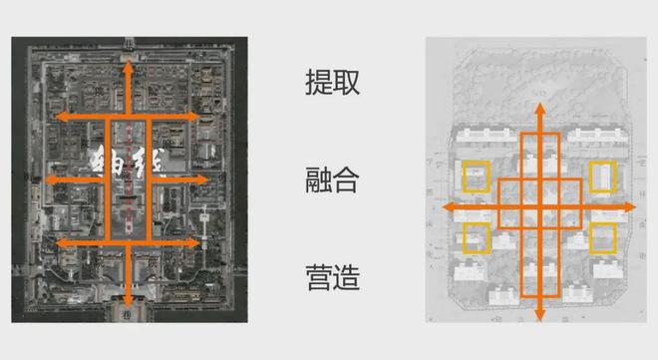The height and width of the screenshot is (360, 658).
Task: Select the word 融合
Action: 332,180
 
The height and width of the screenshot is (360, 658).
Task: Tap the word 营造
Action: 332,276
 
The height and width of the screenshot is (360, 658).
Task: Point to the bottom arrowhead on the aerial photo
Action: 130,298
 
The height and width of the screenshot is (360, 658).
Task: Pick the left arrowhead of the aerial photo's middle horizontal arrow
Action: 41,180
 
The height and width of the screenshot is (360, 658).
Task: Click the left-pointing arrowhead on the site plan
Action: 447,206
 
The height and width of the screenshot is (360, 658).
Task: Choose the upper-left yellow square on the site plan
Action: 477,176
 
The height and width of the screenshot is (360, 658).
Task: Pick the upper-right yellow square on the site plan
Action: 603,176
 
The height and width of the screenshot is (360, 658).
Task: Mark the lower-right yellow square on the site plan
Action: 603,238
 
